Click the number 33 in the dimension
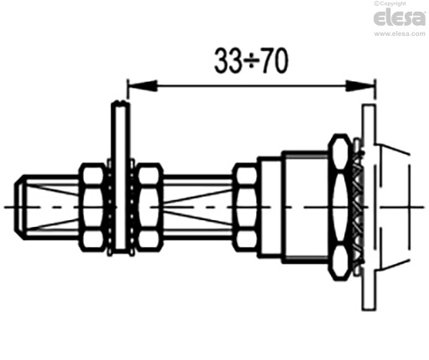tap(227, 60)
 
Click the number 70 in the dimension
tap(275, 60)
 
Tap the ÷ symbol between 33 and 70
tap(251, 61)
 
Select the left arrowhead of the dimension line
tap(142, 85)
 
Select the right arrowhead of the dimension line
tap(360, 85)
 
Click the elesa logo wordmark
tap(400, 18)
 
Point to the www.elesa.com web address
tap(400, 33)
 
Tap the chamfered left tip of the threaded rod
tap(19, 207)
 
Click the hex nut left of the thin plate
tap(93, 207)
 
